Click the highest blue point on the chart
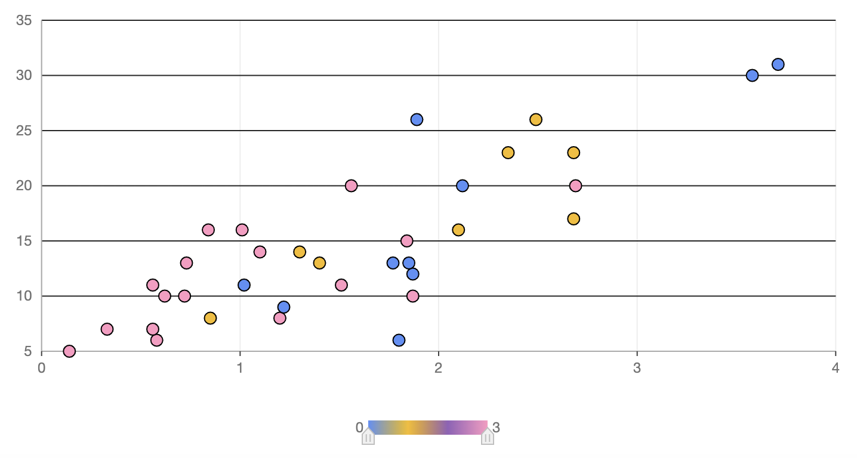click(x=778, y=64)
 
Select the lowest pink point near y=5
click(x=69, y=351)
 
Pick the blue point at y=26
click(x=417, y=119)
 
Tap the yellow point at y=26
click(x=536, y=119)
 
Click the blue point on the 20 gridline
click(x=463, y=185)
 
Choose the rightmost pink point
click(x=575, y=185)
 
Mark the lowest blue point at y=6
click(x=399, y=340)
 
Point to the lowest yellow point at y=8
click(x=210, y=318)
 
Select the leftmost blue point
click(x=244, y=285)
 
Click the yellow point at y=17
click(x=574, y=219)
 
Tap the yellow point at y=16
click(x=458, y=230)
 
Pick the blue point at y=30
click(x=752, y=75)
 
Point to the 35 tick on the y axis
click(x=24, y=20)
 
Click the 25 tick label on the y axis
click(x=24, y=131)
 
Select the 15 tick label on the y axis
click(x=24, y=241)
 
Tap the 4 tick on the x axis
click(x=836, y=368)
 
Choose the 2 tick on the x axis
click(x=439, y=368)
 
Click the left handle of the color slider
click(x=368, y=437)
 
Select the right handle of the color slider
click(x=488, y=437)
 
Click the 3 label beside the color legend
click(x=496, y=427)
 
